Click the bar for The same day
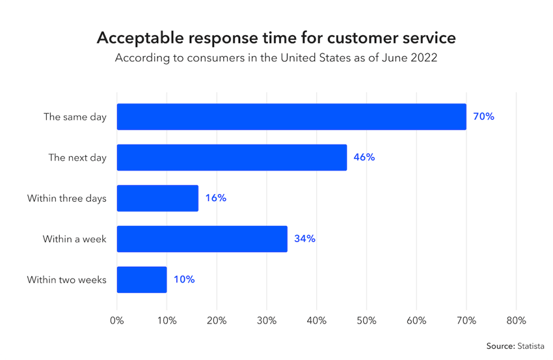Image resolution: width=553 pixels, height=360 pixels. [291, 117]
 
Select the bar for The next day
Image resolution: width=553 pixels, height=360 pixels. [232, 158]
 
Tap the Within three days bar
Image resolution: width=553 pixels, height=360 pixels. [157, 198]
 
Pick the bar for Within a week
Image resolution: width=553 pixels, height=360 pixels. [202, 239]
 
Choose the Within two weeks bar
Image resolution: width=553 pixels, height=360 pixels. [142, 280]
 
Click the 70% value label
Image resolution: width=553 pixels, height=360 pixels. [484, 117]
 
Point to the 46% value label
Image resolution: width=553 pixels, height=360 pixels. [364, 158]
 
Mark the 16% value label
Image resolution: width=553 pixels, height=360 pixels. [215, 198]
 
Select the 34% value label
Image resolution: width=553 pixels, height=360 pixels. [304, 239]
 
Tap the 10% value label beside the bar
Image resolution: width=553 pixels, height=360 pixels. [184, 280]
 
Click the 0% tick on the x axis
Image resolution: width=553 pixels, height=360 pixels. [117, 321]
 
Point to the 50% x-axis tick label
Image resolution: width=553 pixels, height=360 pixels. [366, 321]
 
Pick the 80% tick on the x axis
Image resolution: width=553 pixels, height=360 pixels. [516, 321]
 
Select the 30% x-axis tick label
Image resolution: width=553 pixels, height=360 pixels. [267, 321]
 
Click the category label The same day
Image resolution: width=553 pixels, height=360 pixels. [75, 117]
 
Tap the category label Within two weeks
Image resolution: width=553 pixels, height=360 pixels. [66, 280]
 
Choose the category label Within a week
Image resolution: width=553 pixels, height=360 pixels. [74, 239]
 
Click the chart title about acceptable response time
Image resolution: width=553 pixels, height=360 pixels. [276, 38]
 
